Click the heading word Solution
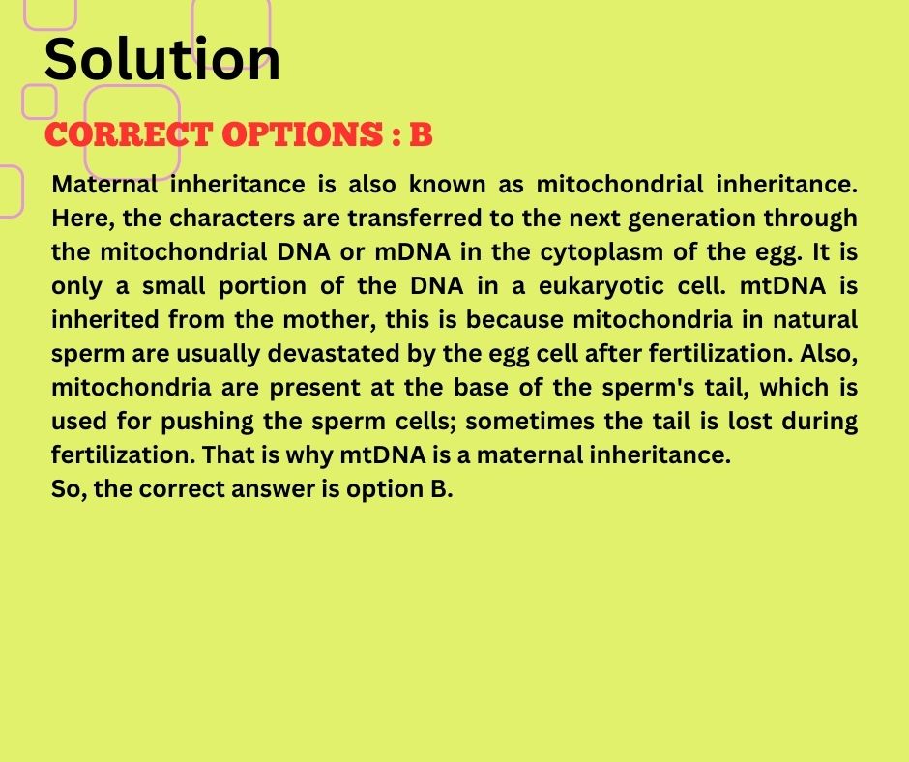coord(161,59)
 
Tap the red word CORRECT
coord(128,134)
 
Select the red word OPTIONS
coord(302,134)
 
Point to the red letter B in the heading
coord(421,134)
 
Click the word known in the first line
coord(448,185)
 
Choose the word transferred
coord(415,218)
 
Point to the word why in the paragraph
coord(309,455)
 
